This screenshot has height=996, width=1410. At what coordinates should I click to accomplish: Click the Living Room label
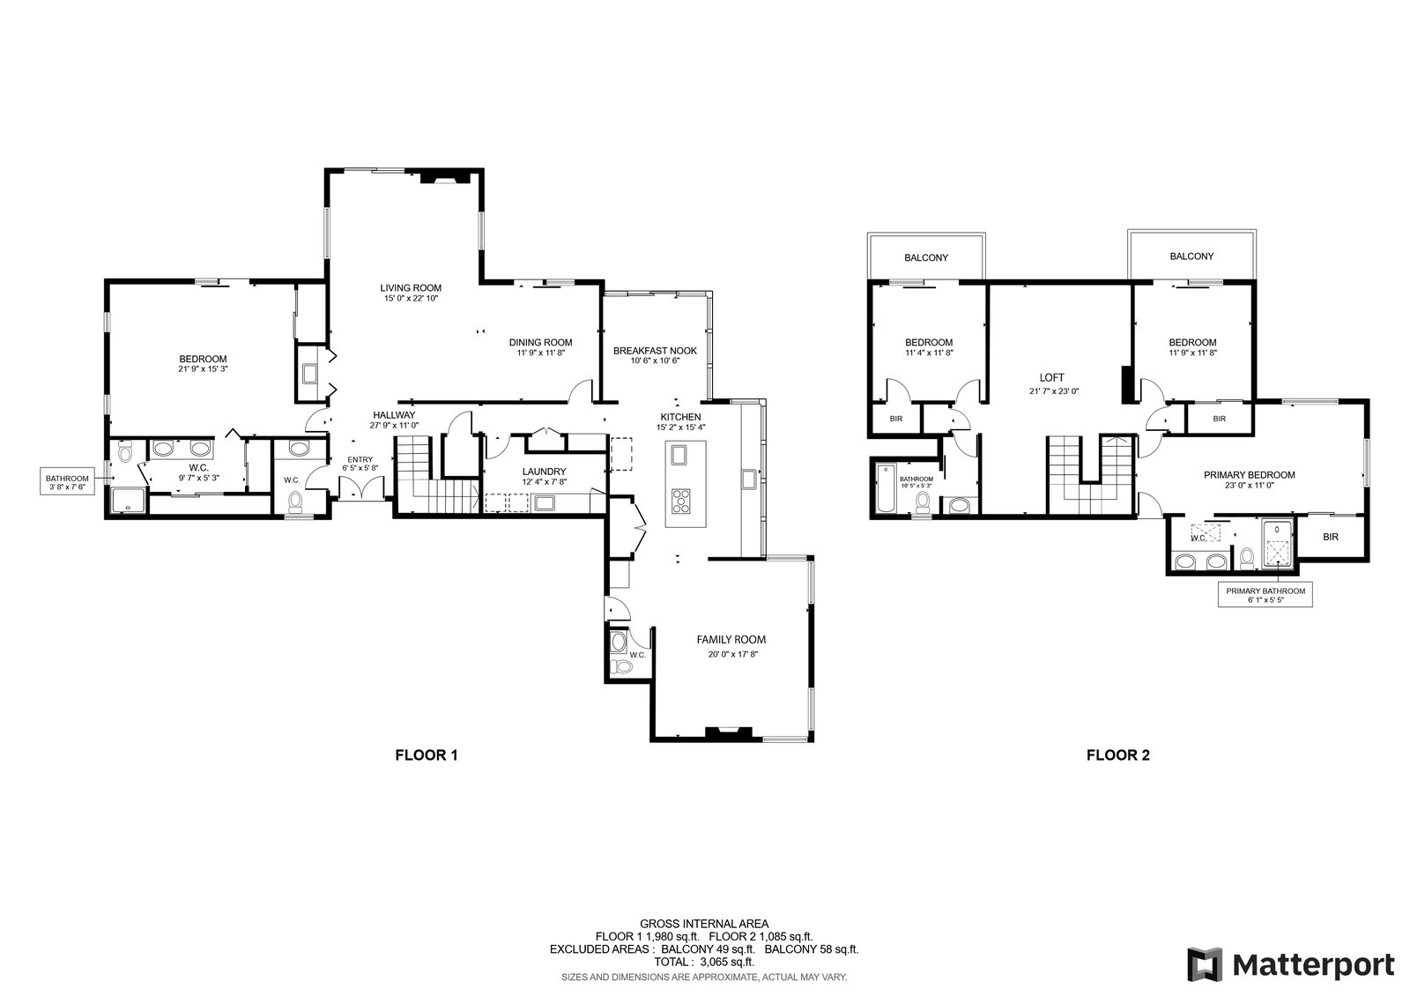pyautogui.click(x=411, y=288)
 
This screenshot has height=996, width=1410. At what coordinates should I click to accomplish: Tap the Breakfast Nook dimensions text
pyautogui.click(x=655, y=360)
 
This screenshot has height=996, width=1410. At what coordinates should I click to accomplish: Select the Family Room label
pyautogui.click(x=731, y=640)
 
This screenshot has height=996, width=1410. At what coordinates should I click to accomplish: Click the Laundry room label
pyautogui.click(x=544, y=472)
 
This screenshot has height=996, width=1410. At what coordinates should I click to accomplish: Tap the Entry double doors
pyautogui.click(x=361, y=488)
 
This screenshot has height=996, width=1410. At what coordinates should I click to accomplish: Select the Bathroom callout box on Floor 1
pyautogui.click(x=67, y=481)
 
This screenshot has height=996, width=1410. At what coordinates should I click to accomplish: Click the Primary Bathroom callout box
pyautogui.click(x=1265, y=595)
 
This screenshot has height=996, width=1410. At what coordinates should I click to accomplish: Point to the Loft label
pyautogui.click(x=1052, y=378)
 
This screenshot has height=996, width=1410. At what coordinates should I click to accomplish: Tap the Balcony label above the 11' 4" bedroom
pyautogui.click(x=926, y=257)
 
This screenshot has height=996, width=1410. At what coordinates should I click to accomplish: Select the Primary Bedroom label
pyautogui.click(x=1249, y=475)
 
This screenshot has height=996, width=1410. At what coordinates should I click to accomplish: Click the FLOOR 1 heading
pyautogui.click(x=427, y=754)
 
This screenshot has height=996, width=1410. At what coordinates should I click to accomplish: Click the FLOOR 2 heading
pyautogui.click(x=1118, y=754)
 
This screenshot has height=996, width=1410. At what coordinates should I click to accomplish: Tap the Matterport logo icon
pyautogui.click(x=1205, y=964)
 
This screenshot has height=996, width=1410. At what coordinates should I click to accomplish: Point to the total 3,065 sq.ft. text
pyautogui.click(x=704, y=962)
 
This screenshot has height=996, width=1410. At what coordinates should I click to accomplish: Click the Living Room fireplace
pyautogui.click(x=446, y=177)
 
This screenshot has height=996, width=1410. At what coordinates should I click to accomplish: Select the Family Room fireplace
pyautogui.click(x=728, y=732)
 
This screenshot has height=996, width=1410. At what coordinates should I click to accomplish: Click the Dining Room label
pyautogui.click(x=541, y=343)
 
